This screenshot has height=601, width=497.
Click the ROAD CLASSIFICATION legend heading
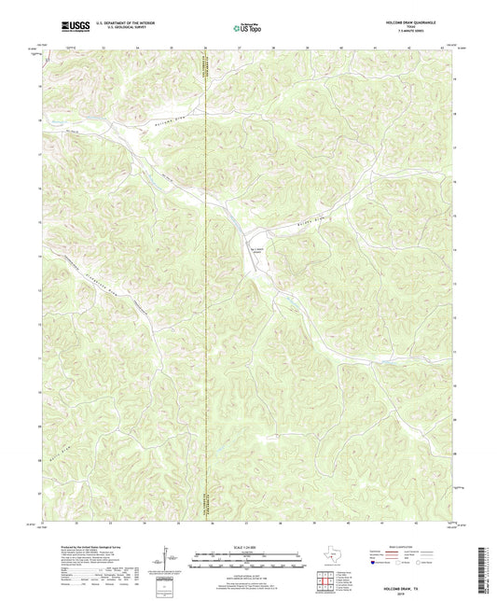click(x=410, y=545)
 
